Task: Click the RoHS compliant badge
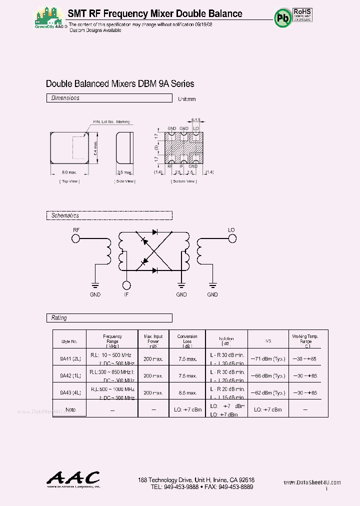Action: pos(302,15)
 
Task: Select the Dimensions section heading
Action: pos(65,98)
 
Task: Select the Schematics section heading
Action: pos(65,215)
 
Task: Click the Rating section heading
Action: pos(59,318)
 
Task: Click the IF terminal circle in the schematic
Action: pos(127,285)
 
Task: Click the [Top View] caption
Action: pos(69,181)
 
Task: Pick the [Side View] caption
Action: pos(125,181)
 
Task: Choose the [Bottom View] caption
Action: pos(184,181)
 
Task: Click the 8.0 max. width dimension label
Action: pos(61,172)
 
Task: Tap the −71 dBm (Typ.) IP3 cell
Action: pos(267,359)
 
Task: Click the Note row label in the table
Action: pos(70,409)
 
